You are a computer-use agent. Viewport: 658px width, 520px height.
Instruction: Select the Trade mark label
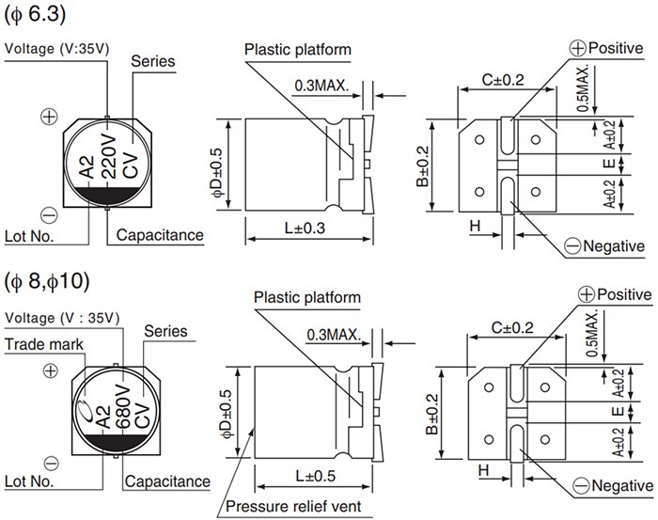tap(45, 345)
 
